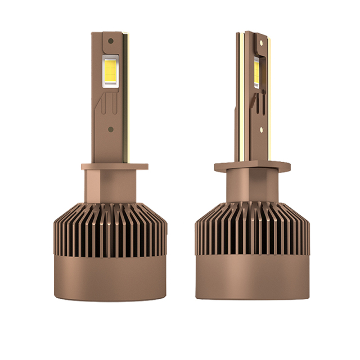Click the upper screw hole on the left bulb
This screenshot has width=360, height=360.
(x=111, y=41)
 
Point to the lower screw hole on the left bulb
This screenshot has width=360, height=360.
(x=110, y=129)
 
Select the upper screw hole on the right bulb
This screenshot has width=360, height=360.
(x=261, y=43)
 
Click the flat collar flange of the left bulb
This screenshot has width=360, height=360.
(x=114, y=166)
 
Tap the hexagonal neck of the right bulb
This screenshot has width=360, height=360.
(x=247, y=187)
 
